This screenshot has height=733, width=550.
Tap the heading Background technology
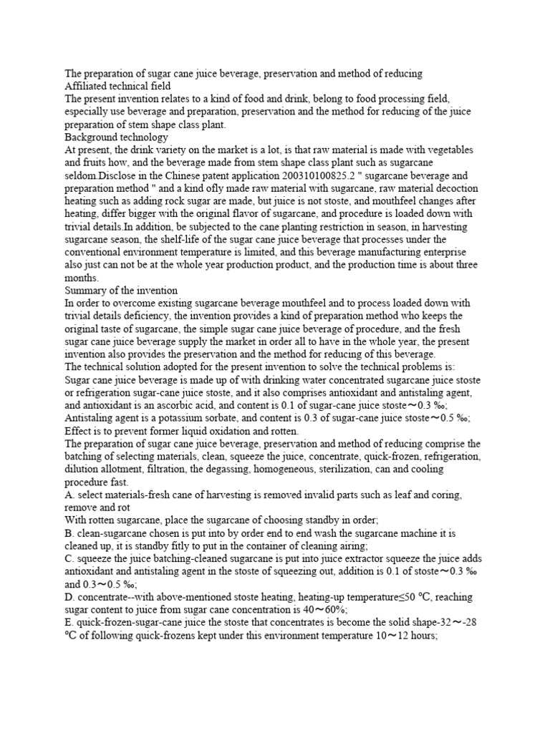point(116,136)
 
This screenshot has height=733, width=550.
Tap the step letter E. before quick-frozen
point(69,622)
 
